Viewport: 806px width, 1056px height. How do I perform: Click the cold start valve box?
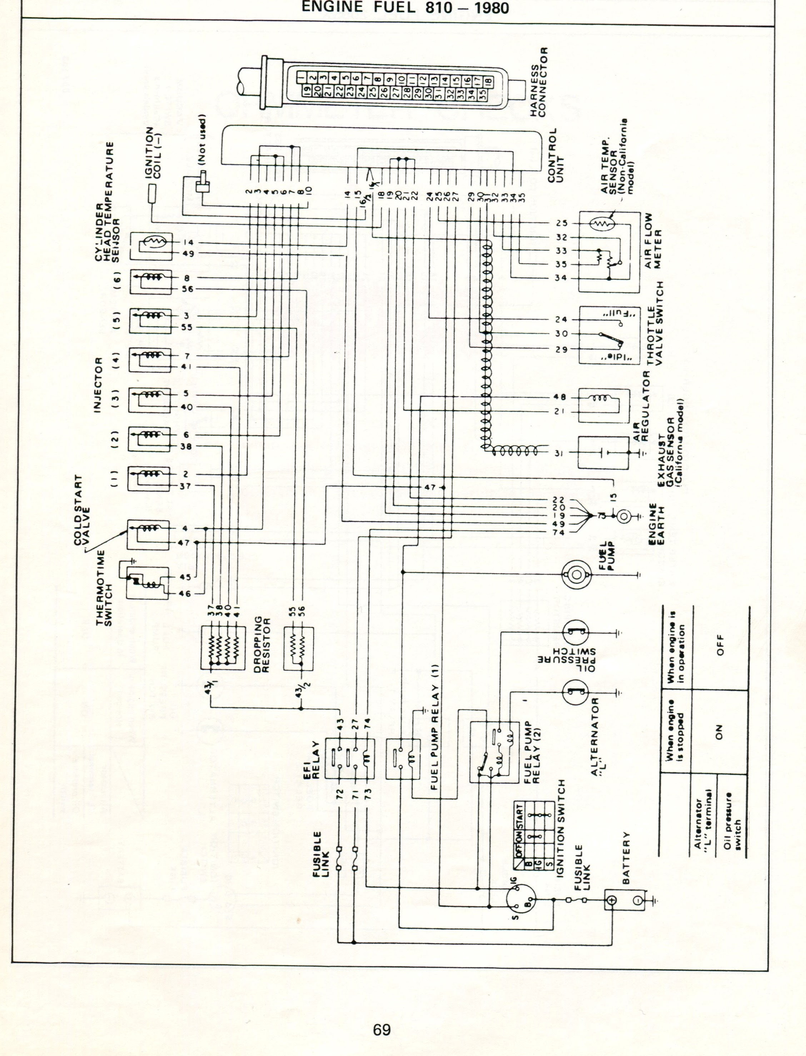(148, 535)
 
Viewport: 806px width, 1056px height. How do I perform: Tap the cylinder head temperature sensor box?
(150, 247)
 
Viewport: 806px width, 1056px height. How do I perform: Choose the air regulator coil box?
(603, 405)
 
